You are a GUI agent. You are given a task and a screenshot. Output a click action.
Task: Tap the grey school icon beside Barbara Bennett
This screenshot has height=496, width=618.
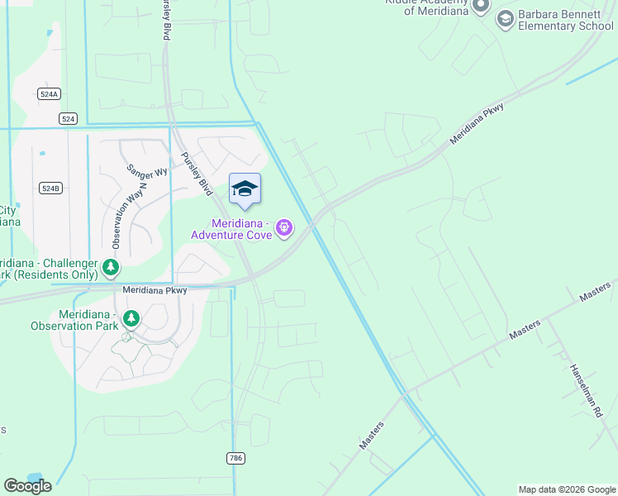click(x=505, y=18)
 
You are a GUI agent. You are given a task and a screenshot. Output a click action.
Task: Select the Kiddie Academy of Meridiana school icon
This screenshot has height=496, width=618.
click(x=482, y=6)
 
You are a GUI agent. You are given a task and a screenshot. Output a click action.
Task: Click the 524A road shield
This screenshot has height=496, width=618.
click(x=49, y=94)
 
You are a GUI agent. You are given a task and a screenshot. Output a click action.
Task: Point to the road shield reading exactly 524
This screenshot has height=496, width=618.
click(x=69, y=119)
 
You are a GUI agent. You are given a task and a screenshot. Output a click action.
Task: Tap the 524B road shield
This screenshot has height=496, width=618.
click(x=50, y=188)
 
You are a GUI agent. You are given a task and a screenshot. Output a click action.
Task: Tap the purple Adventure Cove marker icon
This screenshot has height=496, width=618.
click(x=285, y=227)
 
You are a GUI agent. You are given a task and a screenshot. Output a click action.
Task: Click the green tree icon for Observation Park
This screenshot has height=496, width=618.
click(x=131, y=318)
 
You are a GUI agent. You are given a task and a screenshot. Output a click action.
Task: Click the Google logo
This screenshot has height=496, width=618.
click(x=27, y=486)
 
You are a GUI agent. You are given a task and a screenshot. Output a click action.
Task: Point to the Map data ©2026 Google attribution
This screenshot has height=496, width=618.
click(x=567, y=489)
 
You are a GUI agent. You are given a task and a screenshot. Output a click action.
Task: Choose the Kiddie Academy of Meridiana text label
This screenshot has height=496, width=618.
click(x=427, y=6)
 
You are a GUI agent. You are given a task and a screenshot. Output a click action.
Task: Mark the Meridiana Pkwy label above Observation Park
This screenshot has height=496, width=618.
click(x=155, y=290)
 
